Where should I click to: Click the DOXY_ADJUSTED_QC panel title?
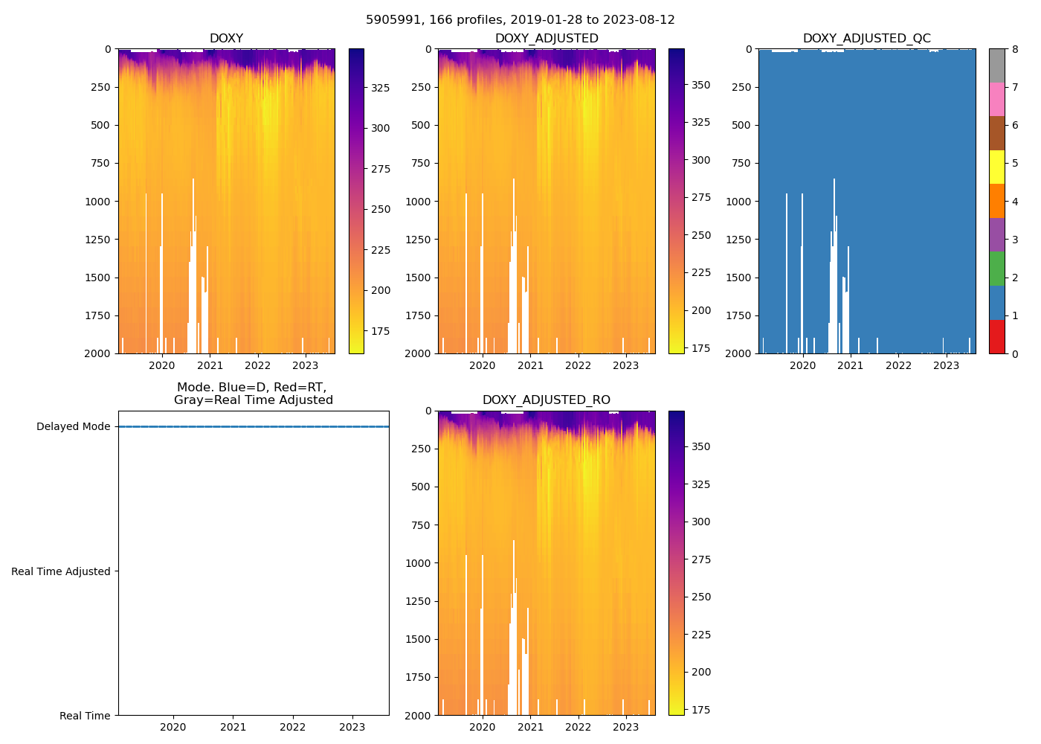(866, 39)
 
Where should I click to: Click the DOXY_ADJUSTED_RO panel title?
(547, 400)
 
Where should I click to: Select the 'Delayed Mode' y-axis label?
(73, 427)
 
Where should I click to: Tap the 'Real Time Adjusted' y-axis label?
(61, 571)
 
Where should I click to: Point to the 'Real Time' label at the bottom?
(85, 716)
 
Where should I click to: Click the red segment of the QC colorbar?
(997, 336)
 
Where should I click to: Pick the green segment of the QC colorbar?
(997, 268)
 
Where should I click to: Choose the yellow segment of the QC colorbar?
(997, 167)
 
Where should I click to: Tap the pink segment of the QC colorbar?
(997, 99)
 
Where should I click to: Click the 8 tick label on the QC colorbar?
(1015, 49)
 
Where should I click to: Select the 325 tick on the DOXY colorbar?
(381, 88)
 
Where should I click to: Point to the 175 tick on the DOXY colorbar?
(381, 331)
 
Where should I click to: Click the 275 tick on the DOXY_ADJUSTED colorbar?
(701, 198)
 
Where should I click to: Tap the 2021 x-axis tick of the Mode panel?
(233, 727)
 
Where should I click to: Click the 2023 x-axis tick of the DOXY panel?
(306, 365)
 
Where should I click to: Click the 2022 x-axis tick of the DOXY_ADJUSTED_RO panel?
(578, 727)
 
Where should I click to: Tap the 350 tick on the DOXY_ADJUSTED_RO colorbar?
(701, 447)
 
